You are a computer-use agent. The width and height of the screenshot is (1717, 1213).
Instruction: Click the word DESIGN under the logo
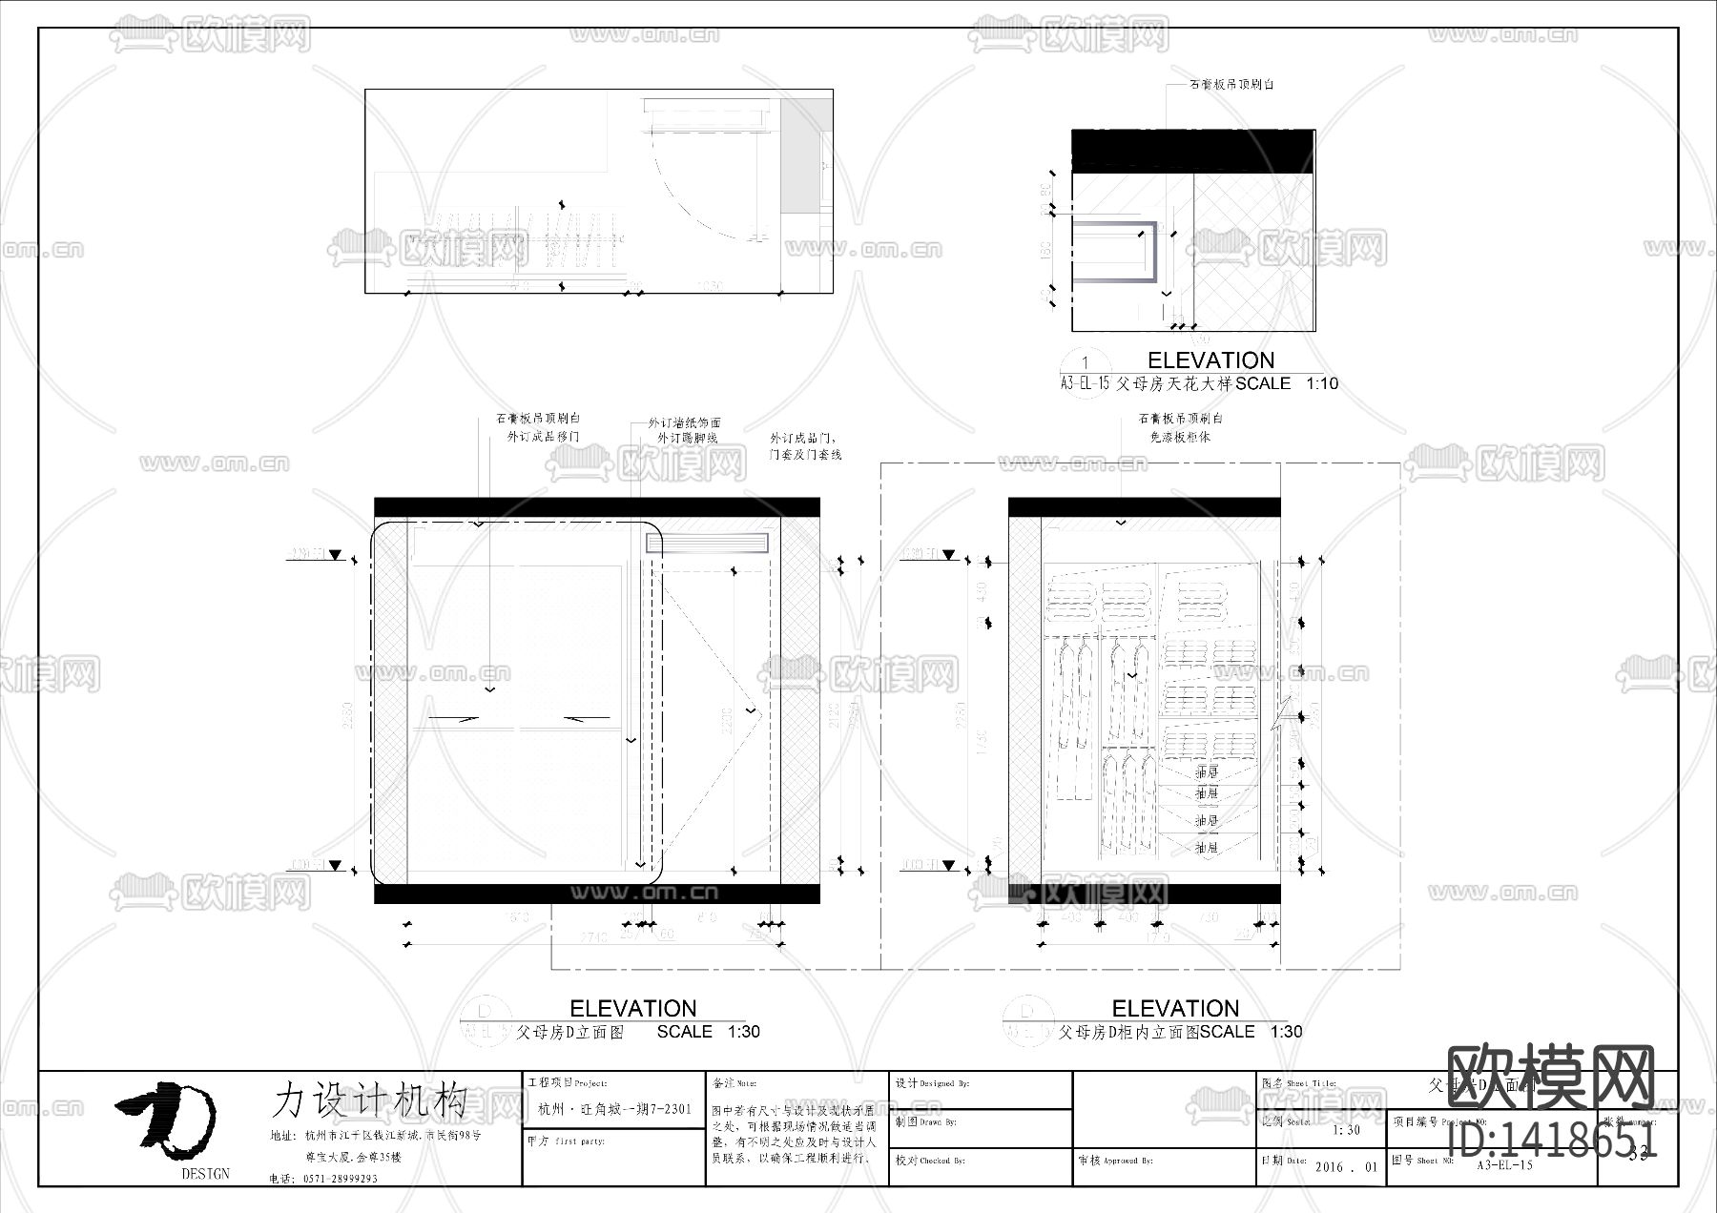pyautogui.click(x=205, y=1174)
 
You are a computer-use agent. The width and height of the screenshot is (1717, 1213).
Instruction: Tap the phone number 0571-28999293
pyautogui.click(x=340, y=1179)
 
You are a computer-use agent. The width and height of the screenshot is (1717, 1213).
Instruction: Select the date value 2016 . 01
pyautogui.click(x=1346, y=1167)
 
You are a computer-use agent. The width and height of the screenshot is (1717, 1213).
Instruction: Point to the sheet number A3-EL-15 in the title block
pyautogui.click(x=1504, y=1165)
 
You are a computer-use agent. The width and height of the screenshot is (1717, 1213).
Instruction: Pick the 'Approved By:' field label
pyautogui.click(x=1116, y=1161)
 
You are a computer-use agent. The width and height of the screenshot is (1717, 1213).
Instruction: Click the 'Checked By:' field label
pyautogui.click(x=930, y=1161)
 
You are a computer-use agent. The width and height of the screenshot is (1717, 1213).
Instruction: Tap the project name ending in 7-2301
pyautogui.click(x=614, y=1109)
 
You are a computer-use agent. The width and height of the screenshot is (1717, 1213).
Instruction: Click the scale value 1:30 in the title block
pyautogui.click(x=1346, y=1130)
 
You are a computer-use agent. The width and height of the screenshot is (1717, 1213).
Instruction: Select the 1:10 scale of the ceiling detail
pyautogui.click(x=1321, y=383)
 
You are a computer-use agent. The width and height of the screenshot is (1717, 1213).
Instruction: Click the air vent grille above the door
pyautogui.click(x=707, y=544)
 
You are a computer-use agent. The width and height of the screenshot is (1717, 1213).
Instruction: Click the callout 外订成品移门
pyautogui.click(x=543, y=437)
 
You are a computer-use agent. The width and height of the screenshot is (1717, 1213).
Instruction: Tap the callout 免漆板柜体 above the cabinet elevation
pyautogui.click(x=1180, y=438)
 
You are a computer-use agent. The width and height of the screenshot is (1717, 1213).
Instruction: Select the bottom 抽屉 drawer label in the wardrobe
pyautogui.click(x=1207, y=847)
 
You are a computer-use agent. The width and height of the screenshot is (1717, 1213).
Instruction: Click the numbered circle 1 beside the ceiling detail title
pyautogui.click(x=1085, y=362)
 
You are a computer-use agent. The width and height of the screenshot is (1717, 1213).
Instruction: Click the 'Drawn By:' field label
pyautogui.click(x=925, y=1122)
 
